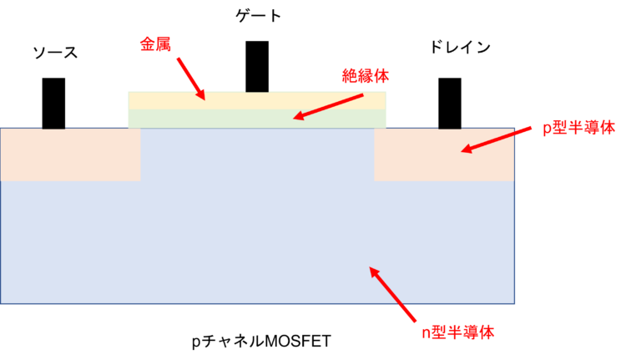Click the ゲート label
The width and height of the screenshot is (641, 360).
(259, 16)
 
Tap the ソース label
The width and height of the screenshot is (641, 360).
(55, 53)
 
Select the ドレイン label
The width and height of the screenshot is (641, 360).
(460, 47)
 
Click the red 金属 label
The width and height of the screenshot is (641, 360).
(155, 43)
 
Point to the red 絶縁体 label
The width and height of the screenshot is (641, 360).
(366, 76)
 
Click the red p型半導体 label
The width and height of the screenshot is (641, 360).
(579, 128)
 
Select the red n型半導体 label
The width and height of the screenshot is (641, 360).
(458, 332)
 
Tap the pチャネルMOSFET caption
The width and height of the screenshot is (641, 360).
(261, 341)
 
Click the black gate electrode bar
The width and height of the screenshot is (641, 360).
(257, 66)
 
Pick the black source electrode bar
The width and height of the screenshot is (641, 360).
(53, 104)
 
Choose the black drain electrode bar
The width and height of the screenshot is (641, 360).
(450, 104)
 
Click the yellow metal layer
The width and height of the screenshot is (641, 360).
(257, 100)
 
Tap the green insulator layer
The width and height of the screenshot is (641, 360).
(257, 119)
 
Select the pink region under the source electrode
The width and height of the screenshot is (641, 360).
(70, 155)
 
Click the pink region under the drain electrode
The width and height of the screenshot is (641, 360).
(444, 155)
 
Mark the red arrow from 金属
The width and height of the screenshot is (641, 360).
(191, 79)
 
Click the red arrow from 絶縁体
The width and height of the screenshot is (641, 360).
(328, 107)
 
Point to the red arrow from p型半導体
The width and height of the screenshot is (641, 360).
(497, 140)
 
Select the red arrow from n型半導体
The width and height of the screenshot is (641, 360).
(392, 294)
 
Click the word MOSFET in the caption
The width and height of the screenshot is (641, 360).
(298, 341)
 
